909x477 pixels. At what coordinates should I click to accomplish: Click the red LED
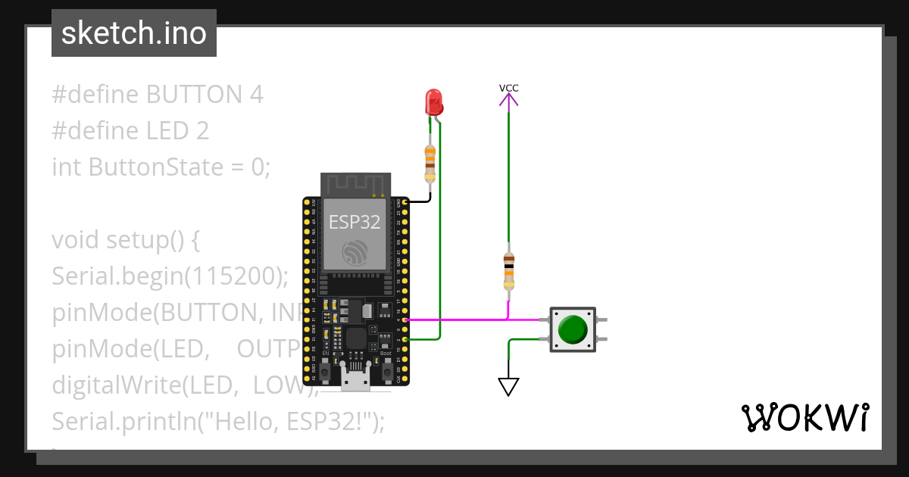[x=433, y=101]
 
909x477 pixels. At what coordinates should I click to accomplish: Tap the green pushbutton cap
[x=572, y=329]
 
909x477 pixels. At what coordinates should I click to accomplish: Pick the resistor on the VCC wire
[x=509, y=271]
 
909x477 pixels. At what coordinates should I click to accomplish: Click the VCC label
[x=509, y=88]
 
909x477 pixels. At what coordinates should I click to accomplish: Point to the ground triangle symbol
[x=509, y=387]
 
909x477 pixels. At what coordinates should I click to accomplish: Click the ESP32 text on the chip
[x=355, y=221]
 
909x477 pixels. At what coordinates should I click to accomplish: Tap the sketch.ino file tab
[x=134, y=33]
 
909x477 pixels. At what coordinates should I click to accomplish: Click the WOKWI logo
[x=804, y=417]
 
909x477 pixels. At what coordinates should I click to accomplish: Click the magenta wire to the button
[x=470, y=320]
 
